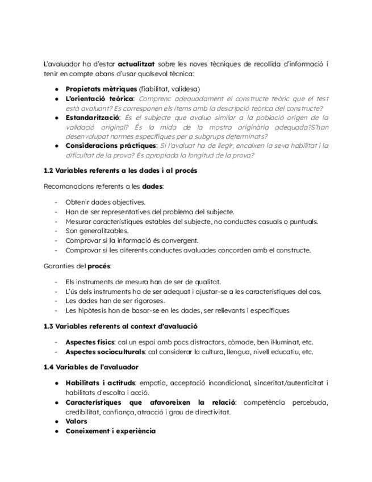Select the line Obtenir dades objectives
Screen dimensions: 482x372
tap(105, 202)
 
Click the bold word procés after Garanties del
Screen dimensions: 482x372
tap(99, 266)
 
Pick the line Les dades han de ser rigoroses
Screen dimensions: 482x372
tap(115, 301)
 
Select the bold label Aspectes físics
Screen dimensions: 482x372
tap(90, 342)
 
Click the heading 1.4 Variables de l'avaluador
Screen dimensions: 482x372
tap(91, 367)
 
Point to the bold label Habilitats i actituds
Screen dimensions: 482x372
tap(101, 383)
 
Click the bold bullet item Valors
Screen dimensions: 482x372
tap(76, 421)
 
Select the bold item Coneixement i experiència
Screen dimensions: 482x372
tap(110, 431)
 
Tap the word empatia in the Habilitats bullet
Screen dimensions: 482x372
tap(152, 383)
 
